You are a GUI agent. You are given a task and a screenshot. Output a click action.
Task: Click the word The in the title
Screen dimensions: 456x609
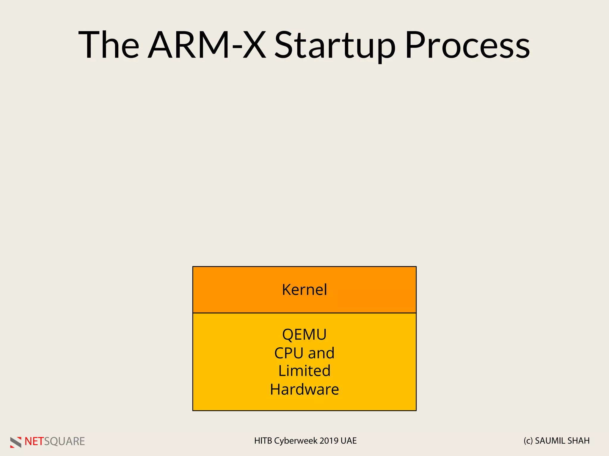109,45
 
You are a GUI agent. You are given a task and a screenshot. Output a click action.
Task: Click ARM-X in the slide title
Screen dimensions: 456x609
207,45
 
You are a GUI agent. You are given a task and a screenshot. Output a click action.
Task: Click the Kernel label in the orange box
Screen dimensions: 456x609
304,290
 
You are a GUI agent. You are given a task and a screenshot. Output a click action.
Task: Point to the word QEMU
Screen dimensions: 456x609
304,335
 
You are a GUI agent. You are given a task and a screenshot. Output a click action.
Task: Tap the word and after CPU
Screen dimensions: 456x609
321,353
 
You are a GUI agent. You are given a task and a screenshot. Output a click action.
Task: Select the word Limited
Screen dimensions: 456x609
304,371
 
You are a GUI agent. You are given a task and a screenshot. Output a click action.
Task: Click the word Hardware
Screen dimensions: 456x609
304,389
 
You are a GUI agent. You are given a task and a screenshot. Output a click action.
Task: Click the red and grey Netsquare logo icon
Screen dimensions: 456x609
16,442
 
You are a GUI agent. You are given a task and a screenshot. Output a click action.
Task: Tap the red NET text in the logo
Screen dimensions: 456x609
34,441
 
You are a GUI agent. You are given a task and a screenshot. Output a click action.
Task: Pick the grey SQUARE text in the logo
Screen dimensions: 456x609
65,441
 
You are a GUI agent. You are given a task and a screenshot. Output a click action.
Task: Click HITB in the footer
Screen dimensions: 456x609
263,441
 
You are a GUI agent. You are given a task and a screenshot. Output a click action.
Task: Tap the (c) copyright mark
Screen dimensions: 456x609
528,441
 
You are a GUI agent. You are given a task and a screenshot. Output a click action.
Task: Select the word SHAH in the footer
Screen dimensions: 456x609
580,441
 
